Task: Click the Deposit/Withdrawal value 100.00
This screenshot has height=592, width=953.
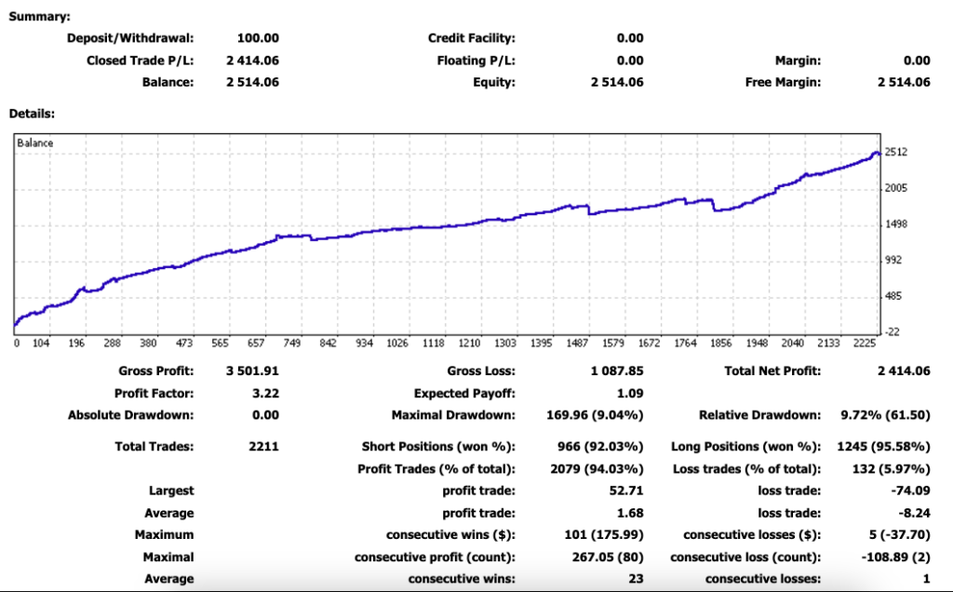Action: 259,38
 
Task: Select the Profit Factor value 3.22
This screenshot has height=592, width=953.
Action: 265,394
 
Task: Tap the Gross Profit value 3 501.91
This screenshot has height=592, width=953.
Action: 252,371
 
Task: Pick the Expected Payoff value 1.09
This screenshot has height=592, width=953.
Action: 630,394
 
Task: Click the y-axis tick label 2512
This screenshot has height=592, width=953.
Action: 897,153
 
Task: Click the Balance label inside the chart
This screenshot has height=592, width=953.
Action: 36,143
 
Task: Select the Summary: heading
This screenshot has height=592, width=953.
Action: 38,16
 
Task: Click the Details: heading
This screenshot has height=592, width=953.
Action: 32,114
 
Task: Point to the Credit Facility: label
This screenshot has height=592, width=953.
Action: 471,38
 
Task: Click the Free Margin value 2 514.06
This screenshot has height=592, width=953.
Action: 904,83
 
